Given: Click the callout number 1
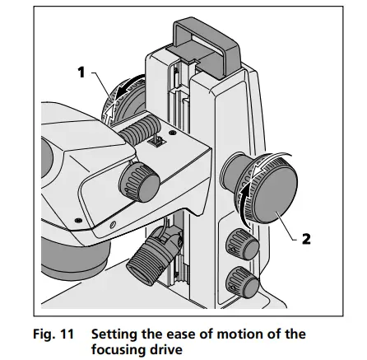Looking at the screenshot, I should [x=81, y=72].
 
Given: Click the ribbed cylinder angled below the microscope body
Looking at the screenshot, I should [x=154, y=255].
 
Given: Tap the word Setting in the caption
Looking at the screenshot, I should [x=114, y=334].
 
